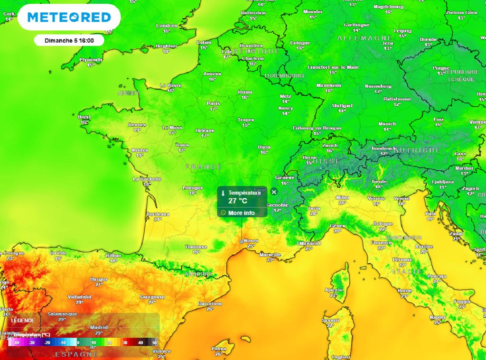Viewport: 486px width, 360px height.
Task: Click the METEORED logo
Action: [x=69, y=18]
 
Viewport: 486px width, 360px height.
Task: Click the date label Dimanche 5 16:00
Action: [x=69, y=40]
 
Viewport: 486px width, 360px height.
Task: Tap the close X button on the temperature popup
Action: [x=274, y=192]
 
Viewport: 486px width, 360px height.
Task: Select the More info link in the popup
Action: [x=241, y=213]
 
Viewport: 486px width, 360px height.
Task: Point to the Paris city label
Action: [x=214, y=103]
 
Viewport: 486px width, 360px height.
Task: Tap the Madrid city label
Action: [x=99, y=327]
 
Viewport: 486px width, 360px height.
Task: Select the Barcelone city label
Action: [x=210, y=303]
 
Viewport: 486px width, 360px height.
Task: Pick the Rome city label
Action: [x=404, y=290]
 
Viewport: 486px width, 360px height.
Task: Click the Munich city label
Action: [x=387, y=124]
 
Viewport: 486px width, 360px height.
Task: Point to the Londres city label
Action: [x=167, y=26]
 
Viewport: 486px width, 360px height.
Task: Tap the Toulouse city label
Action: [x=196, y=247]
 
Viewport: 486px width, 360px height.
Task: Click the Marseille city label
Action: [x=271, y=255]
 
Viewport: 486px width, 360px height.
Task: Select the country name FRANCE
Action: [x=204, y=167]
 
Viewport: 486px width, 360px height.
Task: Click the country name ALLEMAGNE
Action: [x=365, y=38]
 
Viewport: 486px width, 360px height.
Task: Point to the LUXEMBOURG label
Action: [x=284, y=76]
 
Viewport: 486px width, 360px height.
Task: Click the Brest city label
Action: [x=84, y=117]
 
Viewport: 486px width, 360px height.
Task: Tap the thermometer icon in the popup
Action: [x=223, y=193]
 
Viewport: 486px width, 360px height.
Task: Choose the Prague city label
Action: [x=441, y=68]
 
